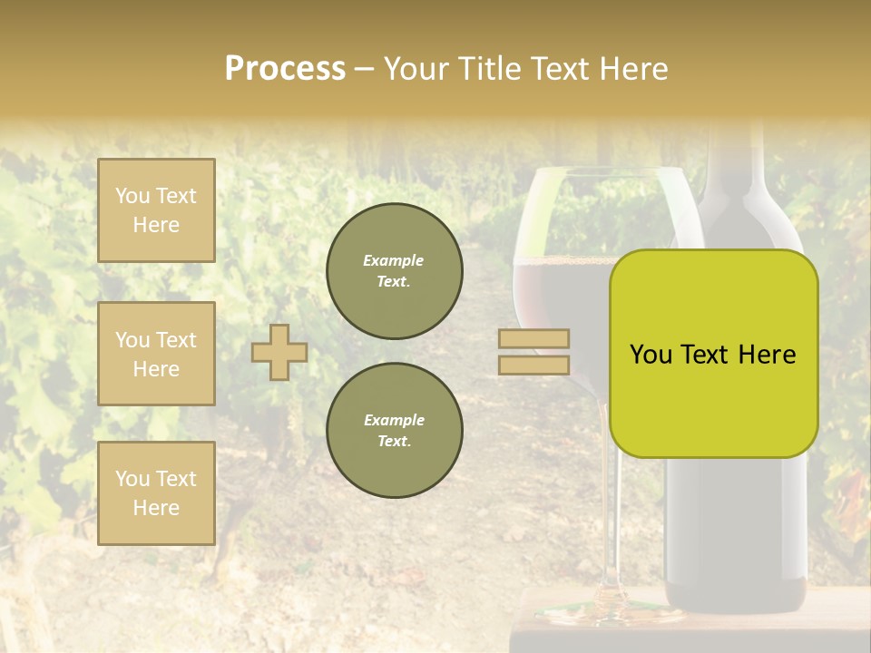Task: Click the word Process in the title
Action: point(285,69)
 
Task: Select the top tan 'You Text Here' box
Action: point(156,210)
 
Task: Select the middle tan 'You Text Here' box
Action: point(156,354)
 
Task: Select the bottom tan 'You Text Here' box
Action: point(156,493)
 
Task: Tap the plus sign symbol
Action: point(279,352)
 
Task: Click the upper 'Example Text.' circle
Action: point(394,270)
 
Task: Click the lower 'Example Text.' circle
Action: point(394,430)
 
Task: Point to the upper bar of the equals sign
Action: point(533,338)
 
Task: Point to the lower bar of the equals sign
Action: point(533,365)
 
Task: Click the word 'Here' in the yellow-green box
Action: point(767,355)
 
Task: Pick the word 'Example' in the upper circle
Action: point(394,260)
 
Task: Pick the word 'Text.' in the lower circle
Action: point(394,441)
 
